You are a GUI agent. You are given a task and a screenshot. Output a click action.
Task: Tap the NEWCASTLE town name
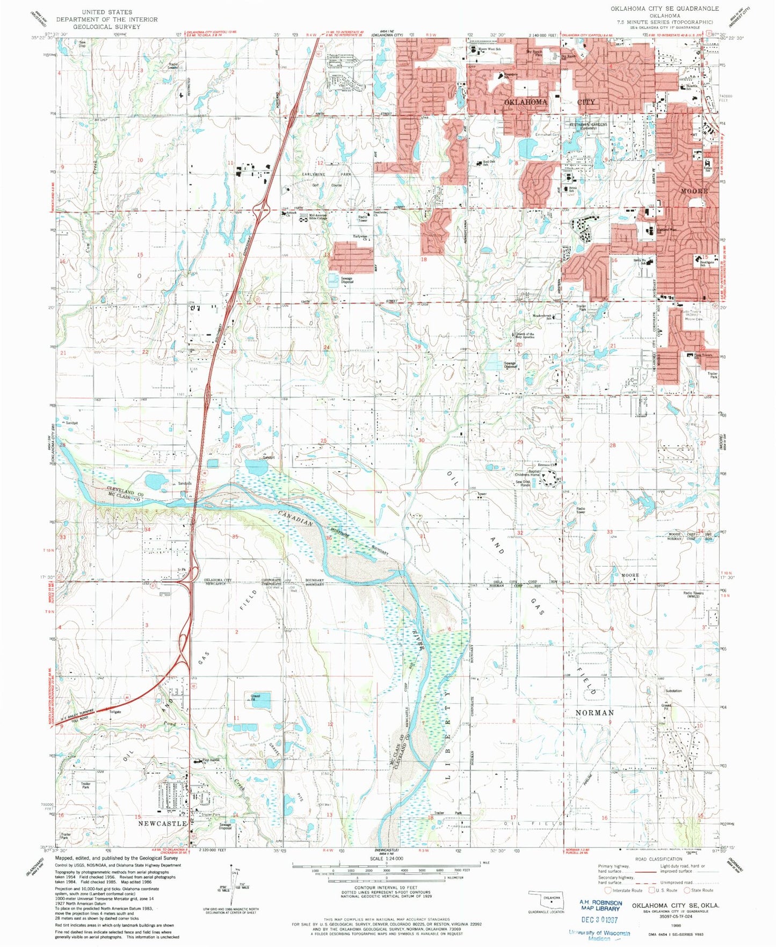(x=162, y=823)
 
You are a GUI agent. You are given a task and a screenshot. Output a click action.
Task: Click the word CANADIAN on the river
(x=296, y=519)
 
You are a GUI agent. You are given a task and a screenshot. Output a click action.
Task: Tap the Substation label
(x=673, y=691)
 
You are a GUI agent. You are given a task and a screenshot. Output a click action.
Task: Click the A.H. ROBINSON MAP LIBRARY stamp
(x=600, y=906)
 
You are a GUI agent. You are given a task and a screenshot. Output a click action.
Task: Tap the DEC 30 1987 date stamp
(x=600, y=920)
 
